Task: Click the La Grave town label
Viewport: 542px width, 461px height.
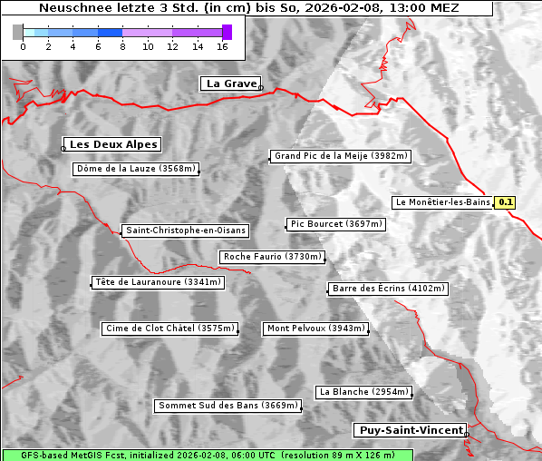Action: (231, 83)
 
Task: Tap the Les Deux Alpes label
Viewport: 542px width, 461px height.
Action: (113, 144)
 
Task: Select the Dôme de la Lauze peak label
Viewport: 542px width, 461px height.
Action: (135, 169)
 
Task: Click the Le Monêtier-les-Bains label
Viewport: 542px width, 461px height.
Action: (442, 202)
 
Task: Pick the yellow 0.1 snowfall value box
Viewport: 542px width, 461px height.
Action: (506, 202)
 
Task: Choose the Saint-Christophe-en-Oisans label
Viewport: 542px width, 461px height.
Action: (185, 230)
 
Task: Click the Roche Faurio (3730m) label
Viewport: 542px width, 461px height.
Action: (272, 257)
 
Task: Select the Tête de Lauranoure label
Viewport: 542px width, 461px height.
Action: (157, 282)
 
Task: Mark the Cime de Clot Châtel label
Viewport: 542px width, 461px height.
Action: (169, 329)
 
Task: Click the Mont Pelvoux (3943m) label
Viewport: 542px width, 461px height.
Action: (315, 329)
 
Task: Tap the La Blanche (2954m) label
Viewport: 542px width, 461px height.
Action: (363, 392)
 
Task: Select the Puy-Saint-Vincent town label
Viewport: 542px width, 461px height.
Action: (411, 430)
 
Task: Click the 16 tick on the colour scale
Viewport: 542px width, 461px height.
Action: (223, 45)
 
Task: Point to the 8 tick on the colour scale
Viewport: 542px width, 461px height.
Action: (122, 45)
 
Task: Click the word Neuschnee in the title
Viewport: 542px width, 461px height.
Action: (75, 8)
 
